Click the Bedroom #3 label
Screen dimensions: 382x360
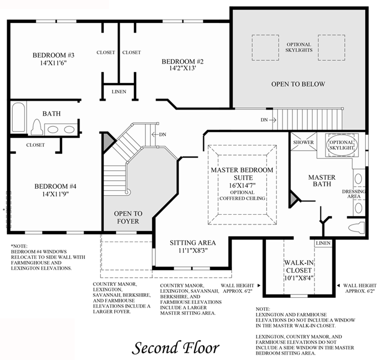pos(53,55)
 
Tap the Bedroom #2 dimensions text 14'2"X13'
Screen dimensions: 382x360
pos(183,69)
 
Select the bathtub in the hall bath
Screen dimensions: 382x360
pos(18,117)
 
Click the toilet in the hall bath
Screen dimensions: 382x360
pos(37,127)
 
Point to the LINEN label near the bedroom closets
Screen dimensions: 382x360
pos(119,92)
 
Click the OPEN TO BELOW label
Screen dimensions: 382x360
pos(298,84)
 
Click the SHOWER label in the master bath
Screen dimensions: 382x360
pos(303,142)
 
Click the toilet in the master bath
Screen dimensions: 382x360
pos(357,228)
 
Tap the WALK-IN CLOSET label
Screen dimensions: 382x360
pos(299,267)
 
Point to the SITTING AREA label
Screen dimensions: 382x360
pos(193,243)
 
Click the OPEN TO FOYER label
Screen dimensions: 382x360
pos(128,218)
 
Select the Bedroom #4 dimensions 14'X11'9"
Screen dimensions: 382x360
pos(55,194)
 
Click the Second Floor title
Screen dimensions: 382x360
pos(176,348)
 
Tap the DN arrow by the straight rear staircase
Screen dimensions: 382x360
pos(273,120)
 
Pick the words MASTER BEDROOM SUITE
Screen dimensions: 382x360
pos(242,174)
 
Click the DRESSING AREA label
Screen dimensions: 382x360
pos(354,194)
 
